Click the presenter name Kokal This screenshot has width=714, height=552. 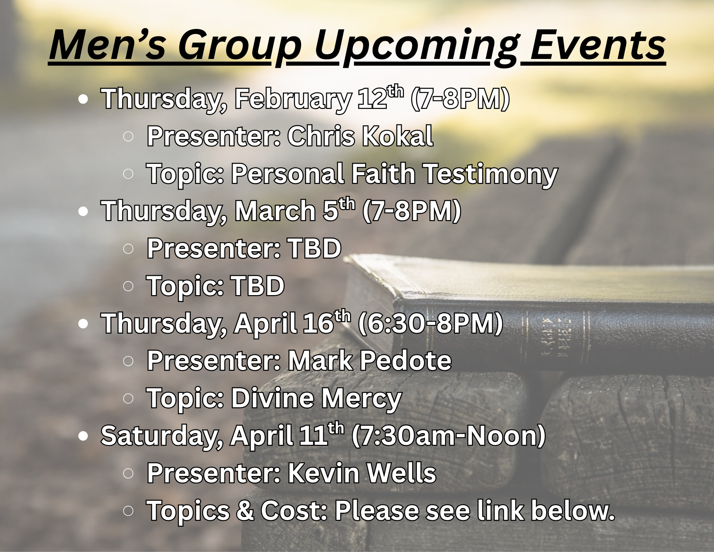click(398, 136)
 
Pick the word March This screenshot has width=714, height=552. click(275, 212)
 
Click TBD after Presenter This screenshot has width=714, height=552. click(314, 248)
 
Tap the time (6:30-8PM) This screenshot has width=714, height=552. click(430, 324)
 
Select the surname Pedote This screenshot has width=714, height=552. click(405, 361)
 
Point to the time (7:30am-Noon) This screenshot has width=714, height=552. click(449, 436)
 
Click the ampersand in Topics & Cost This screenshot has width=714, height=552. click(245, 511)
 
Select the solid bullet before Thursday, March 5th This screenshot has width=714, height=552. click(83, 212)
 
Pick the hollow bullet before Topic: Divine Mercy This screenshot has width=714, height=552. click(128, 398)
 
